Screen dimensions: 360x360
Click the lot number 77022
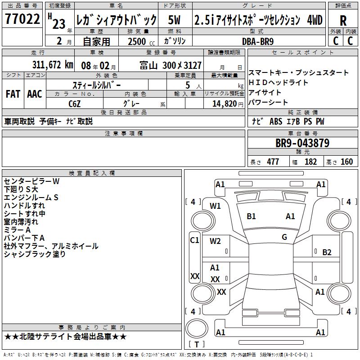point(22,18)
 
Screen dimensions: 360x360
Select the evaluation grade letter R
point(343,21)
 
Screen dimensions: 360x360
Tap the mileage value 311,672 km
point(53,65)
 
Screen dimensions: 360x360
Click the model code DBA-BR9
point(258,41)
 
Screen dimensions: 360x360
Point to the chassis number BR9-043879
point(302,143)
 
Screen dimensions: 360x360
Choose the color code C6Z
point(75,104)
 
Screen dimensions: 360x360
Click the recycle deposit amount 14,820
point(225,104)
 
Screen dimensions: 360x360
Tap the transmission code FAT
point(13,94)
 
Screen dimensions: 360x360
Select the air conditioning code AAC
point(35,94)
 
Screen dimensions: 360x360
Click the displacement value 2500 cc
point(141,41)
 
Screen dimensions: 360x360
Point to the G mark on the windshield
point(284,237)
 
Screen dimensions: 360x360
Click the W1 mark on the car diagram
point(215,206)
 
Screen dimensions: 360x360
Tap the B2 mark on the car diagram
point(327,252)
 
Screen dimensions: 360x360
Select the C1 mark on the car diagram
point(194,240)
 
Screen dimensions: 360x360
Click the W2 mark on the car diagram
point(215,241)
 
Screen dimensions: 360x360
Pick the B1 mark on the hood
point(251,216)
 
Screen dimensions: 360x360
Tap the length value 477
point(273,162)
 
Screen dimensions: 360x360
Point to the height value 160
point(346,162)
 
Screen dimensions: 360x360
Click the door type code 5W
point(175,20)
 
